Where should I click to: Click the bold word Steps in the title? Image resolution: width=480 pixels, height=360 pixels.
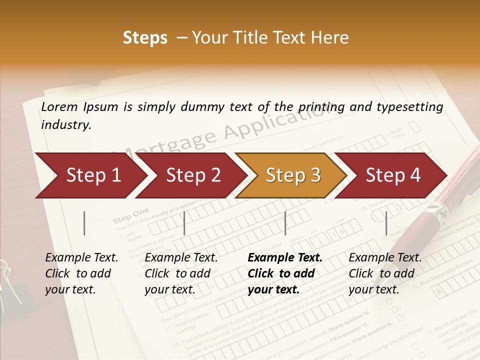tap(145, 37)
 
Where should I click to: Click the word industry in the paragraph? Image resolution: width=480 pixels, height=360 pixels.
tap(66, 125)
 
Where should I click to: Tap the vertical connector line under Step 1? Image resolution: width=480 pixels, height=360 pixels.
tap(84, 223)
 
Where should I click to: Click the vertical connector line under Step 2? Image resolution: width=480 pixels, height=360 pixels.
tap(184, 223)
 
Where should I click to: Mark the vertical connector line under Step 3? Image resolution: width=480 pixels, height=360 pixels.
tap(285, 223)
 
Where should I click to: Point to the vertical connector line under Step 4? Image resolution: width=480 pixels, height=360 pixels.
tap(386, 223)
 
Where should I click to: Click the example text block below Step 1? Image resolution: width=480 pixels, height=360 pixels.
tap(81, 273)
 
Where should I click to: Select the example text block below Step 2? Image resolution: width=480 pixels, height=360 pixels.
tap(181, 273)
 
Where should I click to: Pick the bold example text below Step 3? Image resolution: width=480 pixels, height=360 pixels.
tap(285, 273)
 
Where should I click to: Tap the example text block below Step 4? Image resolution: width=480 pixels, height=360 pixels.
tap(385, 273)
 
